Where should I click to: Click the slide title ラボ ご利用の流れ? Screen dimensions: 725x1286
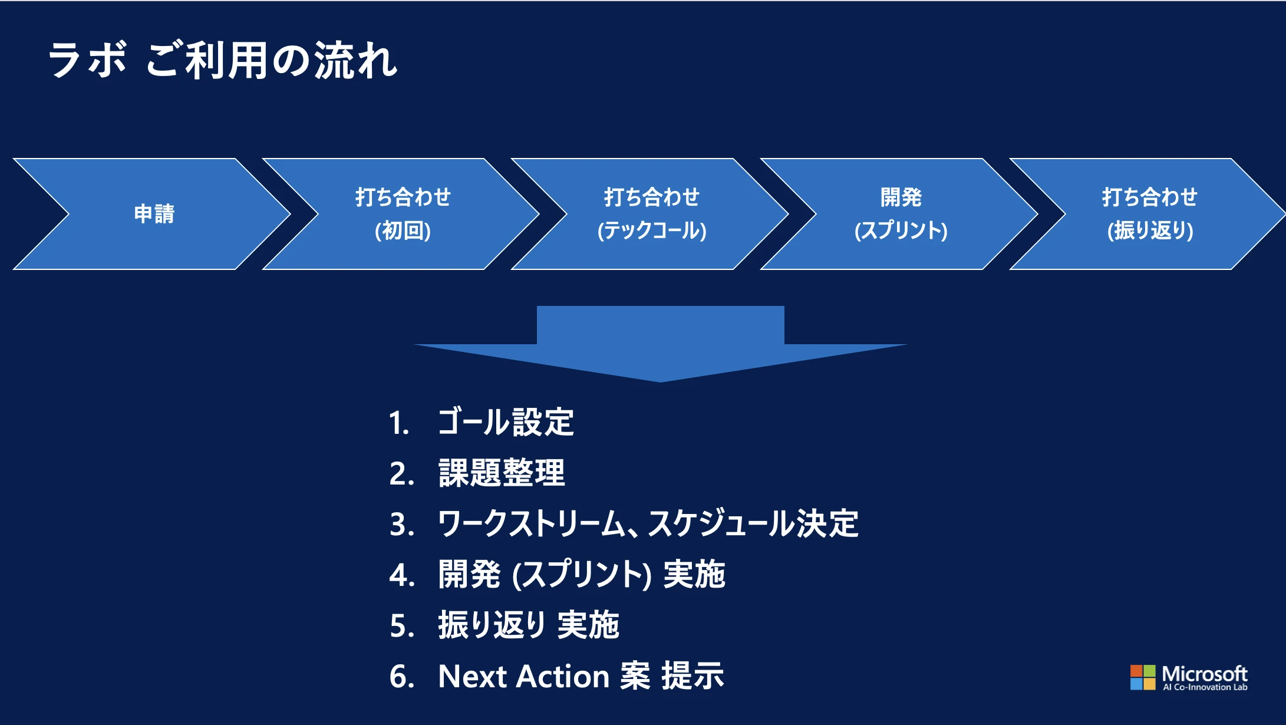tap(223, 60)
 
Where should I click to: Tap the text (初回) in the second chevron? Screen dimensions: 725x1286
tap(403, 230)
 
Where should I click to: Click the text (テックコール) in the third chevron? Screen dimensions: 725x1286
tap(652, 230)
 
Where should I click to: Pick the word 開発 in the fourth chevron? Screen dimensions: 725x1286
tap(901, 197)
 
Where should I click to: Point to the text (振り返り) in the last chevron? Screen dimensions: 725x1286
tap(1150, 230)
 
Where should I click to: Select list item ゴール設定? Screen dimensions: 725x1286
tap(506, 422)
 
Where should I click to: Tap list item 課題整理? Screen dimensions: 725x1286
tap(502, 473)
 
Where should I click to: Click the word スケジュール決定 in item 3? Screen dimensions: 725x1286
tap(753, 523)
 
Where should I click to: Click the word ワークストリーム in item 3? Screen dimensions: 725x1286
tap(530, 523)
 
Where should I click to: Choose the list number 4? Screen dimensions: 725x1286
tap(401, 575)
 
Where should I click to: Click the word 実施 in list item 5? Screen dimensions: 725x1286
tap(588, 625)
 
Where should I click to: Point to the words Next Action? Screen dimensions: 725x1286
tap(523, 676)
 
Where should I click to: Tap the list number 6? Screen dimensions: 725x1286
tap(401, 676)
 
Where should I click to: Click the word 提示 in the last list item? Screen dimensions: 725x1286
tap(693, 676)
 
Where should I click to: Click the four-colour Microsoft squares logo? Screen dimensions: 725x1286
tap(1142, 677)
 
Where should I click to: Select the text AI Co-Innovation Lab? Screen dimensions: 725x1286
tap(1205, 687)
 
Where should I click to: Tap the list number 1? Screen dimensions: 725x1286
tap(398, 423)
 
